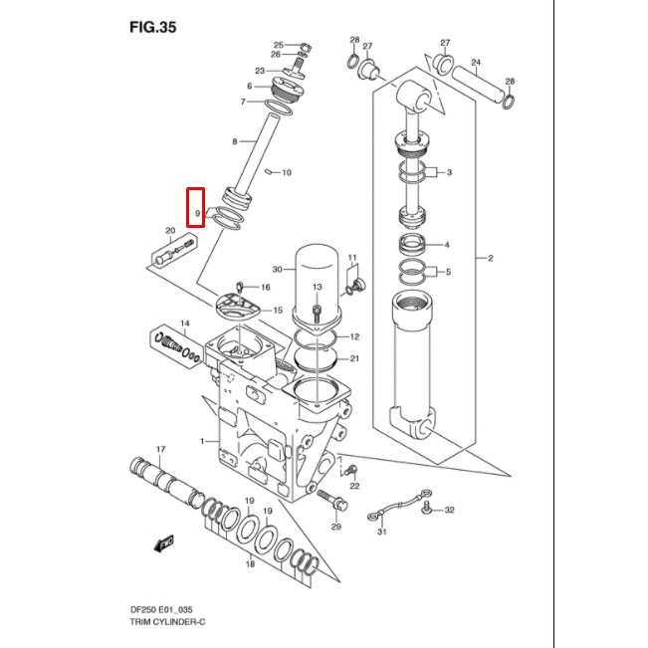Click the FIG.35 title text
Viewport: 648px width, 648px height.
(x=152, y=27)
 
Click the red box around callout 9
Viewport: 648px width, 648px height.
(x=197, y=208)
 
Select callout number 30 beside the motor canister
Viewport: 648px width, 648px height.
(x=277, y=269)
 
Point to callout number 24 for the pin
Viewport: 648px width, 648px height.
(x=476, y=62)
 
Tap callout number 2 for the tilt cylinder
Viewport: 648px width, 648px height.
(x=490, y=259)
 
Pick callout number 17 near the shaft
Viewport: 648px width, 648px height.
(x=161, y=449)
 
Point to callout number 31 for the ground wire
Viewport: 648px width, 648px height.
(x=379, y=533)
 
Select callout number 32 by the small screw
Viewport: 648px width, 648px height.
(x=449, y=510)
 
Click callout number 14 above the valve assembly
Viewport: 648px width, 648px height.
(x=184, y=324)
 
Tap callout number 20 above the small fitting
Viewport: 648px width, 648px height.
(x=170, y=231)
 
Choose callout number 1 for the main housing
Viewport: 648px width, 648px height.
(x=202, y=441)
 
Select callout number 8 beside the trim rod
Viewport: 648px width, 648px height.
(x=235, y=142)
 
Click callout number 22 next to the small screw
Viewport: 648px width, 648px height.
(x=354, y=486)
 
